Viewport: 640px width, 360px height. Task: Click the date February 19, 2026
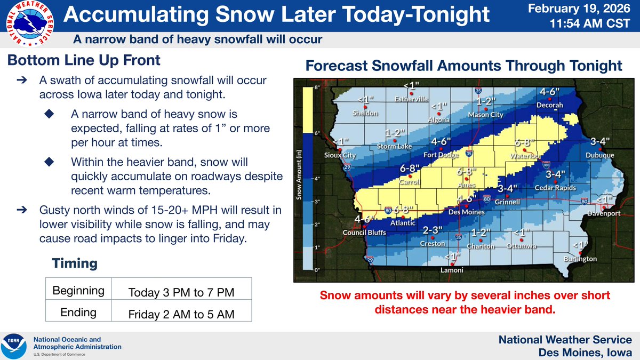point(589,9)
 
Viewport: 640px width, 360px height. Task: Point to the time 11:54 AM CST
point(592,25)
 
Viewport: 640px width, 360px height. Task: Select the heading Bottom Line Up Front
point(84,61)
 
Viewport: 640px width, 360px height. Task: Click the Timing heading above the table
point(75,263)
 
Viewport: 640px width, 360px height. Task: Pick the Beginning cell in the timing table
point(78,291)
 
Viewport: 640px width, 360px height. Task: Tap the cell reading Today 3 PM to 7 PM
point(181,292)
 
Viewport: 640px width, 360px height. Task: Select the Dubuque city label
point(599,155)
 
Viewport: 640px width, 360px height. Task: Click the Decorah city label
point(549,105)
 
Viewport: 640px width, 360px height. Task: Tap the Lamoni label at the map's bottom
point(452,270)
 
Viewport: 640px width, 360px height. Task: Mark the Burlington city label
point(580,259)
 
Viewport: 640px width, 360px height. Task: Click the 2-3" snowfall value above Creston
point(433,230)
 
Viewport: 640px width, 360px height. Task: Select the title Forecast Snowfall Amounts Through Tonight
point(463,66)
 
